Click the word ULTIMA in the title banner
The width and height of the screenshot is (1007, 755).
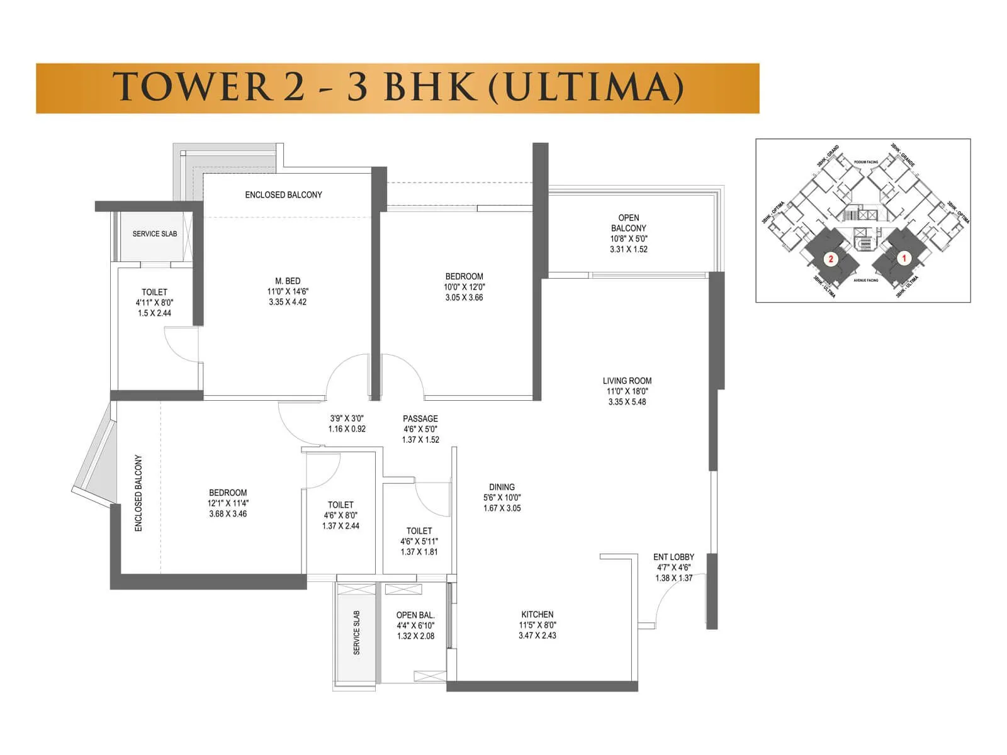585,87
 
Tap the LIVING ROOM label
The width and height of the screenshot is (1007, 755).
627,381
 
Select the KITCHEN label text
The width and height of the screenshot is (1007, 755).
537,615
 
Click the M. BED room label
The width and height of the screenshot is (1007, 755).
288,281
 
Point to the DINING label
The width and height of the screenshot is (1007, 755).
502,487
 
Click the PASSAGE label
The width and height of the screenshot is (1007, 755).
420,418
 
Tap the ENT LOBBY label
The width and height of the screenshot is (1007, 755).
673,557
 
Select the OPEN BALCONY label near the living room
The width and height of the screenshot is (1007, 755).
628,223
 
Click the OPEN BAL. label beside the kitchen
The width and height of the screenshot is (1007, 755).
415,615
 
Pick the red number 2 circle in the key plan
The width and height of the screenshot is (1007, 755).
831,259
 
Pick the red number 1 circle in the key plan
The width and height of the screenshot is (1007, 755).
904,258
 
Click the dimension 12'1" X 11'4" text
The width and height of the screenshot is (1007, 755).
228,503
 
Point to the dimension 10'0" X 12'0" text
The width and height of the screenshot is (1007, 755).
464,287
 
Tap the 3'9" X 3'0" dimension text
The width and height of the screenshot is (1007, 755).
347,418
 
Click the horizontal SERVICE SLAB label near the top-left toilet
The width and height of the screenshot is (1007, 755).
154,233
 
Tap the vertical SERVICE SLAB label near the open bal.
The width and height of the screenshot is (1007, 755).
357,632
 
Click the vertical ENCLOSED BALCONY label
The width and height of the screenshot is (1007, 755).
138,493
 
